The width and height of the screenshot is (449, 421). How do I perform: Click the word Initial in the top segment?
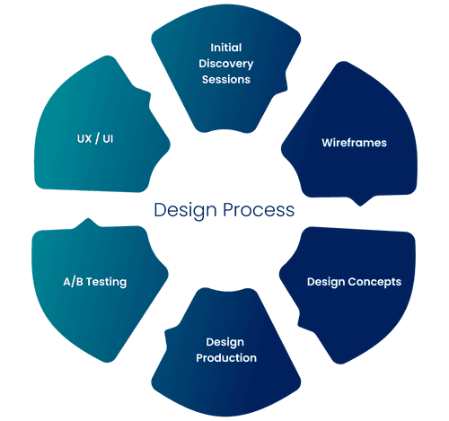point(226,48)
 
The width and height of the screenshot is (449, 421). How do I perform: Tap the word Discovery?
point(226,64)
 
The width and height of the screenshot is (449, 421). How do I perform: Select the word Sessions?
point(226,80)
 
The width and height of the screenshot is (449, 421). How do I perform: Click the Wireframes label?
point(354,143)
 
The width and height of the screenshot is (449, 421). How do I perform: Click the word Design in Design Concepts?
point(326,282)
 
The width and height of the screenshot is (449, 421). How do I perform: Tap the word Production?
point(226,358)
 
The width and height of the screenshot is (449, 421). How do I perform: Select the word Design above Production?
point(225,342)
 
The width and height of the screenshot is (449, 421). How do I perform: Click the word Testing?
point(106,282)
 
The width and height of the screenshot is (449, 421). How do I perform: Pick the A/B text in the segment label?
point(73,282)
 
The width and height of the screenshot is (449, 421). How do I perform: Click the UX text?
point(84,139)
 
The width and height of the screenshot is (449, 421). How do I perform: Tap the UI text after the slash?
point(108,139)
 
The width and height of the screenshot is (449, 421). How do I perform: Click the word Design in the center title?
point(185,211)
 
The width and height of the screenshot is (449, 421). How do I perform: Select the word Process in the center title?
point(259,210)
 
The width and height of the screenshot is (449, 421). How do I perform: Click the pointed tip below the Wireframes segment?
point(360,206)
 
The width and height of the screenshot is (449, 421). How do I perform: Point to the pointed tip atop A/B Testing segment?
point(88,219)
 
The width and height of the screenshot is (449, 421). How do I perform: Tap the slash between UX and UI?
point(97,139)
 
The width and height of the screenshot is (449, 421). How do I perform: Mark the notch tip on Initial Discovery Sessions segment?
point(286,89)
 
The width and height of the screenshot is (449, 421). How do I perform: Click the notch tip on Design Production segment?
point(166,330)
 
